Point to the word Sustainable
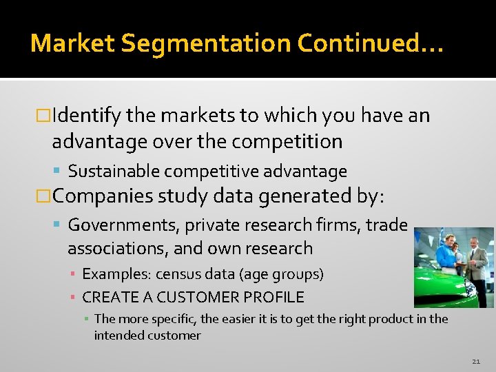click(114, 171)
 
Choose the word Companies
click(103, 196)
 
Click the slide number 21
click(476, 361)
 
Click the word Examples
click(116, 274)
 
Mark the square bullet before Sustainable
click(60, 172)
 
